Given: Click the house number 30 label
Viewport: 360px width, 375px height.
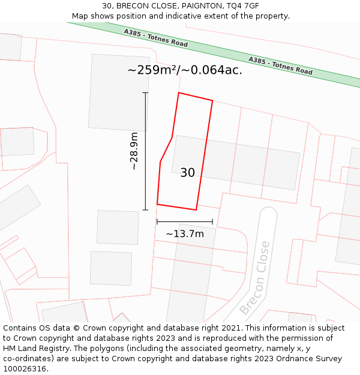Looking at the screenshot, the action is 187,173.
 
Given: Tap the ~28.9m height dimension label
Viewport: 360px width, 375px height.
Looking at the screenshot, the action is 134,151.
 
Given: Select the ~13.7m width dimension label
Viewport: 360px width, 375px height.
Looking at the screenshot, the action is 185,233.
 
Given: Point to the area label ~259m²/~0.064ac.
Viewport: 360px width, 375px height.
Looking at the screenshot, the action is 185,70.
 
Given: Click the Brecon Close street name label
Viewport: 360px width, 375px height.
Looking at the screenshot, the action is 255,278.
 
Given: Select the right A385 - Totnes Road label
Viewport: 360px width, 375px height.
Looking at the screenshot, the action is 281,65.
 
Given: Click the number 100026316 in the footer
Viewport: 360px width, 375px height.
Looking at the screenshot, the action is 25,369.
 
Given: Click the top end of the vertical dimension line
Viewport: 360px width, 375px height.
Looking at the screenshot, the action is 145,93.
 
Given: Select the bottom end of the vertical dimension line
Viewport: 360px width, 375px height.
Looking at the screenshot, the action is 145,210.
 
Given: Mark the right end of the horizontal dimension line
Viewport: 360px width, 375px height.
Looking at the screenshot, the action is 212,222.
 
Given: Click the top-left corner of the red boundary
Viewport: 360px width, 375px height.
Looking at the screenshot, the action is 179,93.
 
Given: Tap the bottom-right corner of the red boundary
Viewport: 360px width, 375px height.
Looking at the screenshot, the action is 196,210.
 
